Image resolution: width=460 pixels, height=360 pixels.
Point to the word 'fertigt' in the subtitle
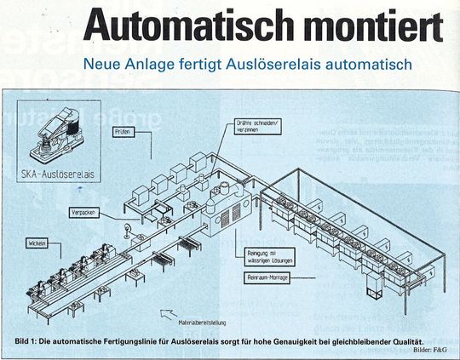pos(202,64)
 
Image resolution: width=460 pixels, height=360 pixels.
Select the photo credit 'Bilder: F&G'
pos(433,350)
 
